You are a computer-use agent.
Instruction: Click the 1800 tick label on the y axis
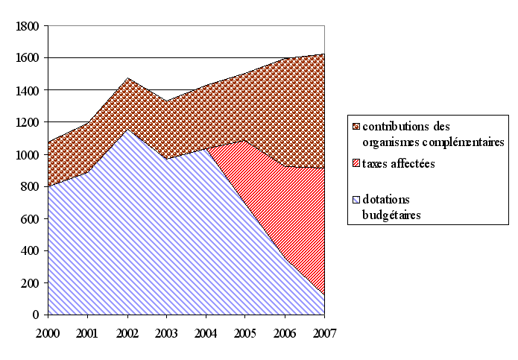tap(27, 26)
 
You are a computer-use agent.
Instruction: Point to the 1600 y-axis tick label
tap(27, 58)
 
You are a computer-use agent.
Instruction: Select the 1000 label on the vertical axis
tap(27, 154)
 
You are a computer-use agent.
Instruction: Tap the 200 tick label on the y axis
tap(30, 283)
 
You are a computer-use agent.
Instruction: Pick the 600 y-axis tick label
tap(30, 219)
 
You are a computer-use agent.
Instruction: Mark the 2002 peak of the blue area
tap(127, 130)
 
